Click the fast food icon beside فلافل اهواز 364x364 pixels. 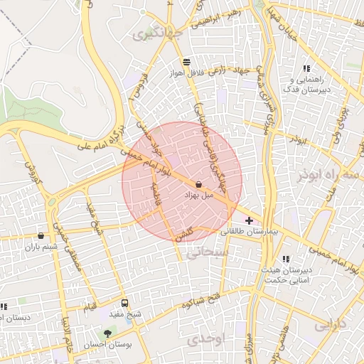[186, 62]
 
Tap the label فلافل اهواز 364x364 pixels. [186, 73]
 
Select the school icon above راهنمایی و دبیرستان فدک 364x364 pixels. [306, 69]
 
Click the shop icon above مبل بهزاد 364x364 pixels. [198, 184]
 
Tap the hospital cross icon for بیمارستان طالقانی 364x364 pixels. [248, 221]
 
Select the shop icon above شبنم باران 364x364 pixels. [41, 236]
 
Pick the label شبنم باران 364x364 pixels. [40, 247]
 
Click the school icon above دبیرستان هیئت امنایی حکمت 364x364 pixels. [286, 259]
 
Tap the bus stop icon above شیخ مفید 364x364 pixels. [125, 303]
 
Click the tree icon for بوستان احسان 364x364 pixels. [107, 333]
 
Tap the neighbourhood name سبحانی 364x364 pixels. [206, 251]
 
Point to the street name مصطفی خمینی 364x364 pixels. [77, 253]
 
